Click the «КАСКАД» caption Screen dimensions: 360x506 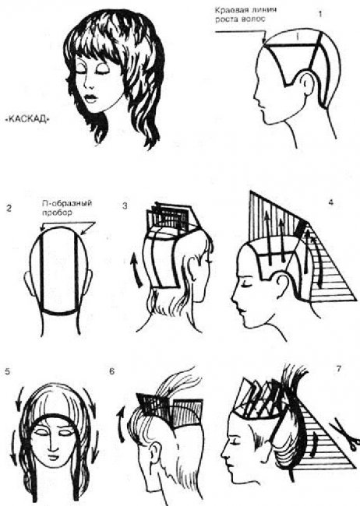[28, 119]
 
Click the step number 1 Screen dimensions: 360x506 [320, 14]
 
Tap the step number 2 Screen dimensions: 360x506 [9, 208]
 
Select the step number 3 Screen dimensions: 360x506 [125, 206]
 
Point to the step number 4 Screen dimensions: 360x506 [330, 203]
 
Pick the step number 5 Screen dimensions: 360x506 [8, 371]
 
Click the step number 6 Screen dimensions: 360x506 [111, 371]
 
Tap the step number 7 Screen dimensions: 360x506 [339, 368]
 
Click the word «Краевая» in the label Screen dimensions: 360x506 [229, 10]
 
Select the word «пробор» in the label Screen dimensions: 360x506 [57, 213]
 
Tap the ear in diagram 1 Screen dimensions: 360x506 [305, 83]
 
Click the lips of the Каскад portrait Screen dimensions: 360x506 [91, 98]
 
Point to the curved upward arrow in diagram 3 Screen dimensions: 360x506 [136, 270]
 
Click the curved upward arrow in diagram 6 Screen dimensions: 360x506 [122, 424]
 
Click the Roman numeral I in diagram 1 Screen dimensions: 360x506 [298, 37]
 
